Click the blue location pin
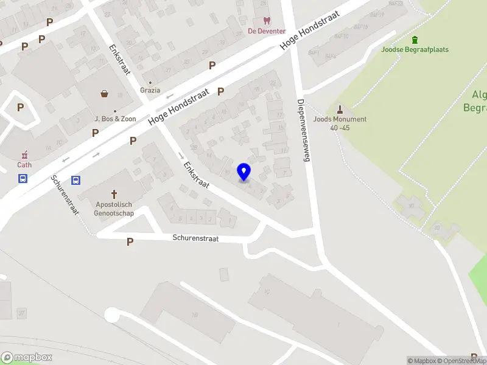pos(244,172)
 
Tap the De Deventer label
pos(266,31)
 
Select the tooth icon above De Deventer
pos(266,21)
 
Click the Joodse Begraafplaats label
pos(415,50)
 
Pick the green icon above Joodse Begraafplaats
pos(415,40)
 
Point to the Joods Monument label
pos(340,119)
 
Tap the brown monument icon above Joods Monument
pos(340,109)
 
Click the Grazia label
pos(150,90)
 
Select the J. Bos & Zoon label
pos(115,119)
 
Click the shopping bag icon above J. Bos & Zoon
pos(105,94)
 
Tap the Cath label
pos(24,164)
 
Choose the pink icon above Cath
pos(24,155)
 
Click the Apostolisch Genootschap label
pos(114,210)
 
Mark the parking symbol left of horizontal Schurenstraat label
pos(130,242)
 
